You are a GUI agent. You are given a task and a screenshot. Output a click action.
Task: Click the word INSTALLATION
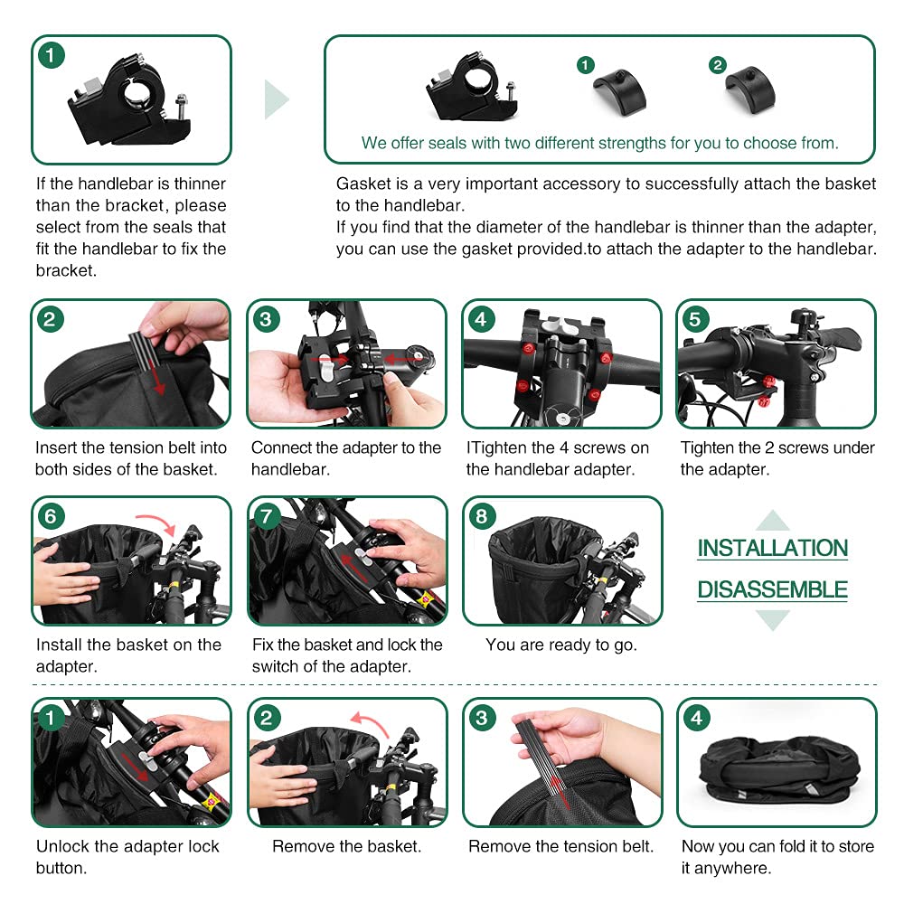click(773, 548)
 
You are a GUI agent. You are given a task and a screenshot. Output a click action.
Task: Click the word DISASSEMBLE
click(773, 589)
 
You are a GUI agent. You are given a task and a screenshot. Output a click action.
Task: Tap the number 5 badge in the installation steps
click(695, 319)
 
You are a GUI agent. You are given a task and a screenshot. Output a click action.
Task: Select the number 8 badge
click(482, 516)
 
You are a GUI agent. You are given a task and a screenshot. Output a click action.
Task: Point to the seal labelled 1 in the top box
click(620, 92)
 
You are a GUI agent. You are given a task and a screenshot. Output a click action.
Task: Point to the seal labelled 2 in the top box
click(750, 91)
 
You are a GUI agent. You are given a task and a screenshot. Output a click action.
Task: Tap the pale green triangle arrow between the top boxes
click(275, 99)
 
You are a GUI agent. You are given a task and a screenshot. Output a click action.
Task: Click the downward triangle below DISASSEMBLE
click(773, 620)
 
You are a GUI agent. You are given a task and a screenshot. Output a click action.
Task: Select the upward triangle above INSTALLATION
click(773, 521)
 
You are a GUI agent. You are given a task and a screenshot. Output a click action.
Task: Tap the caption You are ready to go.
click(561, 645)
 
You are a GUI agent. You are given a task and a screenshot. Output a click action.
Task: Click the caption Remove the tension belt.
click(561, 846)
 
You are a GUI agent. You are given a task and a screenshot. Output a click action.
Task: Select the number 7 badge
click(267, 516)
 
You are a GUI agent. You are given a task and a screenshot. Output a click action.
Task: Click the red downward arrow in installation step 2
click(157, 376)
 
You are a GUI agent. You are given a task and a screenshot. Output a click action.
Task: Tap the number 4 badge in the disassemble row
click(696, 718)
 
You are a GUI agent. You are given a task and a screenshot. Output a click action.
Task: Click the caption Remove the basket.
click(347, 846)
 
